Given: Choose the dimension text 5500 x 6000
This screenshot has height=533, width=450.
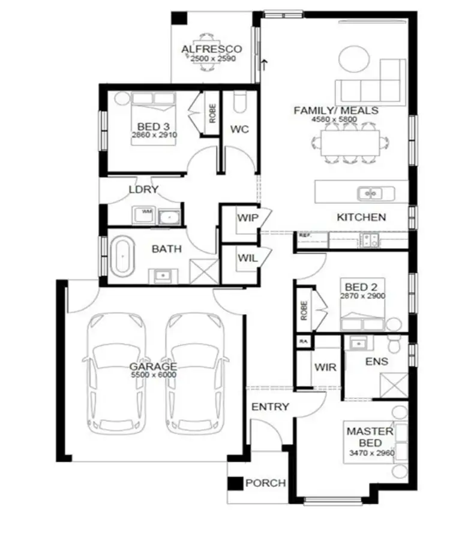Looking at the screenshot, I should (x=154, y=375).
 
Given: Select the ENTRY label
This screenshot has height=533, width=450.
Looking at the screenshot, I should (x=270, y=406).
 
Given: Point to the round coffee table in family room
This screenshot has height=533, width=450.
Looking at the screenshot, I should (x=353, y=59).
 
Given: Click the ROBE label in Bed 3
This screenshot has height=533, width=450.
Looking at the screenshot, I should (x=212, y=113).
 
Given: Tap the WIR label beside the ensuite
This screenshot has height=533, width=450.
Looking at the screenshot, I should (x=325, y=366).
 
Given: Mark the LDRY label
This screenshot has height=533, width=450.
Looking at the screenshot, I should (x=143, y=189).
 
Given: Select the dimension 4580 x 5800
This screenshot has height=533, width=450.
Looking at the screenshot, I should (x=334, y=119).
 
